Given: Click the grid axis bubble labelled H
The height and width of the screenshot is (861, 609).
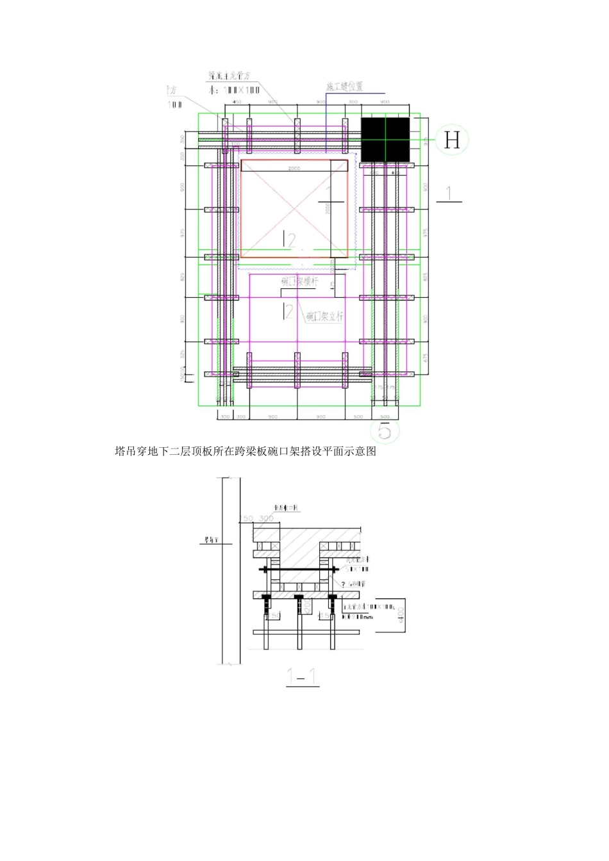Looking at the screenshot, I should [x=452, y=140].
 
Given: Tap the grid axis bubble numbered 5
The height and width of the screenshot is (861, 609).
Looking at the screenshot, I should [x=385, y=430].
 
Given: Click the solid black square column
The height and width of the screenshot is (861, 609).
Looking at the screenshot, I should [x=385, y=140].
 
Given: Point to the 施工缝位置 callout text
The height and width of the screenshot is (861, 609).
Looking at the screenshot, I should [x=344, y=86].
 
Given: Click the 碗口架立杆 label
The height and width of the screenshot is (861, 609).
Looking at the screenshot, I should [x=324, y=316].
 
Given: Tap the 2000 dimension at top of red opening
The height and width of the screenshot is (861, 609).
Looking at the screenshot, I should [x=294, y=168].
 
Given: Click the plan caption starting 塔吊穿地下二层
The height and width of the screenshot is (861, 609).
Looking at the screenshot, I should [x=245, y=452].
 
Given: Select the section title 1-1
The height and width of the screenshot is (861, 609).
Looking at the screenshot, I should [x=302, y=676].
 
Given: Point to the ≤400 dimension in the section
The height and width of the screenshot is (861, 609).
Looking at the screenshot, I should [x=401, y=615].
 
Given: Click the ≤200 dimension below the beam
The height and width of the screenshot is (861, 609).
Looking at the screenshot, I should [x=308, y=605].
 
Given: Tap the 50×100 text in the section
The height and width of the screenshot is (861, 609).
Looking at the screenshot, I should [x=356, y=569].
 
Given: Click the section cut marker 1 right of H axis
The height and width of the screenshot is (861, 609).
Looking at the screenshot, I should [x=449, y=193].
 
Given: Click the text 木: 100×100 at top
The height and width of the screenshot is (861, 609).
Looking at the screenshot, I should [x=234, y=90].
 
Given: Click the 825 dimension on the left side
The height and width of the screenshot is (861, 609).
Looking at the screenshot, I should [x=182, y=277].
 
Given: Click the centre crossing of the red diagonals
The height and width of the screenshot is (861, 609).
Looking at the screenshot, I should [x=294, y=209].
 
